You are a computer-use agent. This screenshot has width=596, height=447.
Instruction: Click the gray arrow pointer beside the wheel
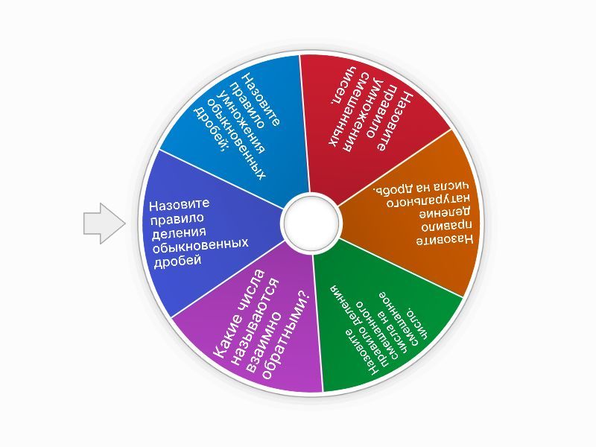click(x=103, y=223)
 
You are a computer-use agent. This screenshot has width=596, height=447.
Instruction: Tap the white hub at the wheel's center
click(x=309, y=221)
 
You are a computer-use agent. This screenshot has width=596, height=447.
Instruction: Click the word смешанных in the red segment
click(x=357, y=111)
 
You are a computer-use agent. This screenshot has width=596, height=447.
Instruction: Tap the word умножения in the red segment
click(x=375, y=115)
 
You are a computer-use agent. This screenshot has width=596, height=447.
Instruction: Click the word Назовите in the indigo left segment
click(x=179, y=204)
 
